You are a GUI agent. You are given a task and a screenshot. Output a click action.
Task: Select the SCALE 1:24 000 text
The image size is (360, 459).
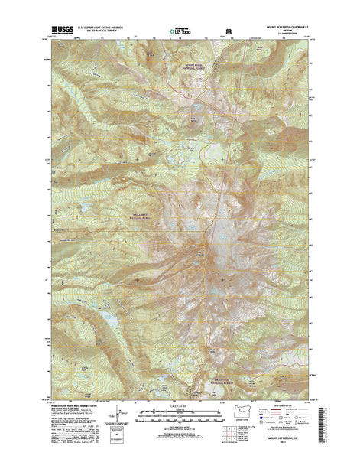(180, 401)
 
